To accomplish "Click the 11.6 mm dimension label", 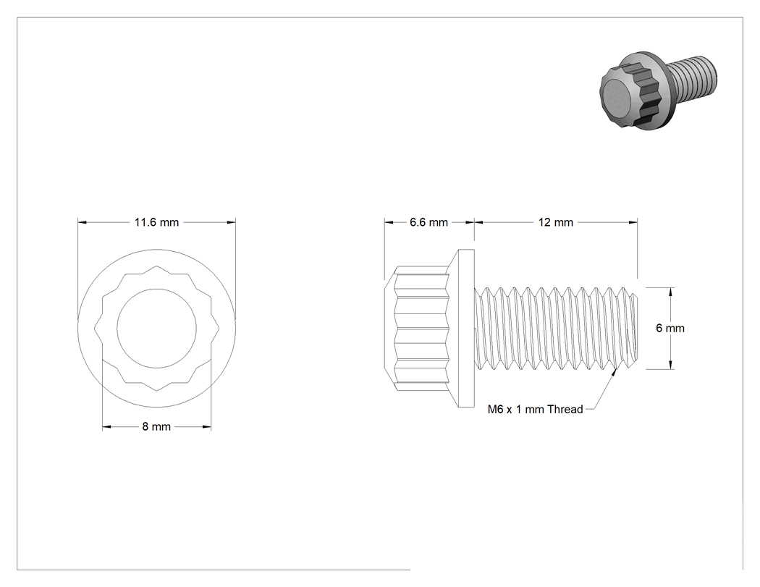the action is click(156, 222).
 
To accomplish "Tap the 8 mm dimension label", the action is click(156, 426).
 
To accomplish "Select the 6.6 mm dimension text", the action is click(428, 222).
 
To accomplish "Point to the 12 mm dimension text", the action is click(555, 222).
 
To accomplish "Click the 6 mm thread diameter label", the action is click(670, 328).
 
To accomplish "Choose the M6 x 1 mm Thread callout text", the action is click(535, 410).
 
